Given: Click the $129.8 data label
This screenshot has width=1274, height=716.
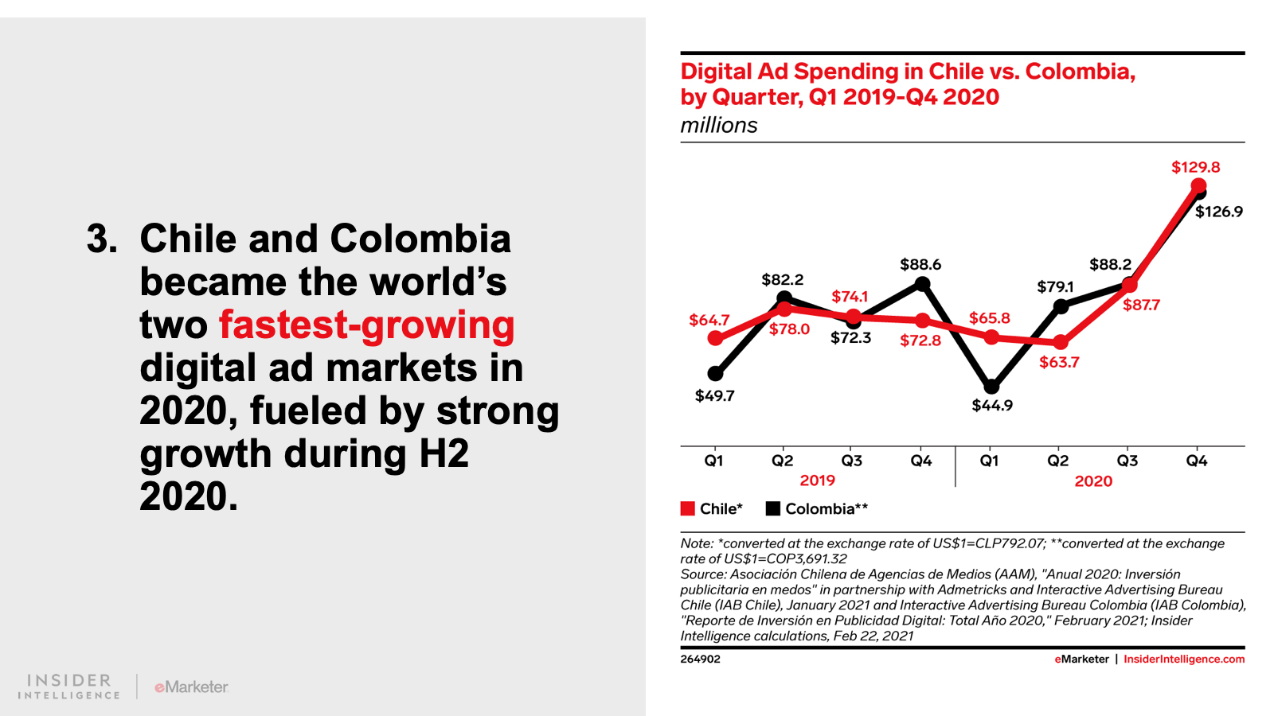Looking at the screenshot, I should [1195, 167].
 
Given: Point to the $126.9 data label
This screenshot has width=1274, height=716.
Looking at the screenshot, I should [1218, 212].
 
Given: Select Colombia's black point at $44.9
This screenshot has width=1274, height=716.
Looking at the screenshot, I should [991, 387].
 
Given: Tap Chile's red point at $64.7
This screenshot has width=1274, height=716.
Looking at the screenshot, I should [715, 338].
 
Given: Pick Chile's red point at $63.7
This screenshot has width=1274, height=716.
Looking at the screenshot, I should [1060, 342].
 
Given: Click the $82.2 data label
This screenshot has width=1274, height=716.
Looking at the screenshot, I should [782, 280].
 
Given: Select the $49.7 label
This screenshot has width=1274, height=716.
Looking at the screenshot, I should [714, 396].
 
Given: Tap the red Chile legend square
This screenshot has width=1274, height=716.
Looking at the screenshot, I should [688, 508].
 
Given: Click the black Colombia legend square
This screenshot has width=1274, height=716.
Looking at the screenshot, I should [772, 508].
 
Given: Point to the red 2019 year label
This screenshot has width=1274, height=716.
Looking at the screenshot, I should [817, 481].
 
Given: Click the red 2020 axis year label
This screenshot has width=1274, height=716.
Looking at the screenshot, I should [1093, 481].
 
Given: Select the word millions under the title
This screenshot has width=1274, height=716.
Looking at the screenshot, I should [718, 126].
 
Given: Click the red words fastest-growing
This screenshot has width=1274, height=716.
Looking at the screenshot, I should [366, 325].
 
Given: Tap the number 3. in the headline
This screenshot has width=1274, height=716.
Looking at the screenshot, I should [102, 239].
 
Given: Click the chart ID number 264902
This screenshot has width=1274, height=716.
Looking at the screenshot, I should [700, 660].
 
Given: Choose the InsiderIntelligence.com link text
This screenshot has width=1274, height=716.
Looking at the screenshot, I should [1183, 660].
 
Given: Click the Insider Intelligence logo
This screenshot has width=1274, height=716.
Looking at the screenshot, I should [69, 687].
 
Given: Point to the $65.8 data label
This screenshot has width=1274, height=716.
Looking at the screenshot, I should [989, 318].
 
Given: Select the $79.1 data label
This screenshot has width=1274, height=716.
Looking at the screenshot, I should [1055, 286].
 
